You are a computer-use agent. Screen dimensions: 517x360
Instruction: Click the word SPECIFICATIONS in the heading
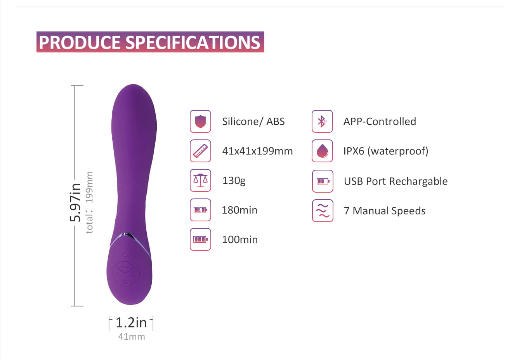(193, 42)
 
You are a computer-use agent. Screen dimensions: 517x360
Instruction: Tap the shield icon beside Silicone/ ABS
(200, 121)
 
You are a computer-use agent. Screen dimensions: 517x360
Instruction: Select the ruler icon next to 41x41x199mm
(200, 151)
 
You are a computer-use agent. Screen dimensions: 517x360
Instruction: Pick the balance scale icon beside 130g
(200, 180)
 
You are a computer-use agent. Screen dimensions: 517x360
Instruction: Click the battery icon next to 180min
(200, 210)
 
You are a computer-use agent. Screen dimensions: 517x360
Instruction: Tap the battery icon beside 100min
(200, 240)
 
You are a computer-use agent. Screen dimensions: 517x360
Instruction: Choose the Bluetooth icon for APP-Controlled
(322, 121)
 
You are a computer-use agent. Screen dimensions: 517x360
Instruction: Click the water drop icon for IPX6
(322, 151)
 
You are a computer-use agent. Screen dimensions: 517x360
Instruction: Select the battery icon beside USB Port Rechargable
(323, 181)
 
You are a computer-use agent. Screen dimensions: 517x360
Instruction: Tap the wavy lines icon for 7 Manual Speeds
(323, 210)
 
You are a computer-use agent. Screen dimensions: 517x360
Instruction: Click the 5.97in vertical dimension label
(75, 202)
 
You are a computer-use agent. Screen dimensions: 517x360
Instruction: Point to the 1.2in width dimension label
(131, 323)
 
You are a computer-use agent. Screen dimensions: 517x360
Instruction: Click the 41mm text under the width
(132, 337)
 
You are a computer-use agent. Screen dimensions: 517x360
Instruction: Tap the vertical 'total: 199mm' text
(89, 202)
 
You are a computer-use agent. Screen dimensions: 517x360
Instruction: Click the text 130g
(234, 181)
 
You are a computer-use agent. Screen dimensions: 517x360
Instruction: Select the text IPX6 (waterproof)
(386, 151)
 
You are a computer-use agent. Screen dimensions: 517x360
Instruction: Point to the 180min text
(239, 210)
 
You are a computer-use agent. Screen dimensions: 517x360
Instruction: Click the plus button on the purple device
(134, 275)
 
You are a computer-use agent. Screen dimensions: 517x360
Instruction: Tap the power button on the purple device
(125, 282)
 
